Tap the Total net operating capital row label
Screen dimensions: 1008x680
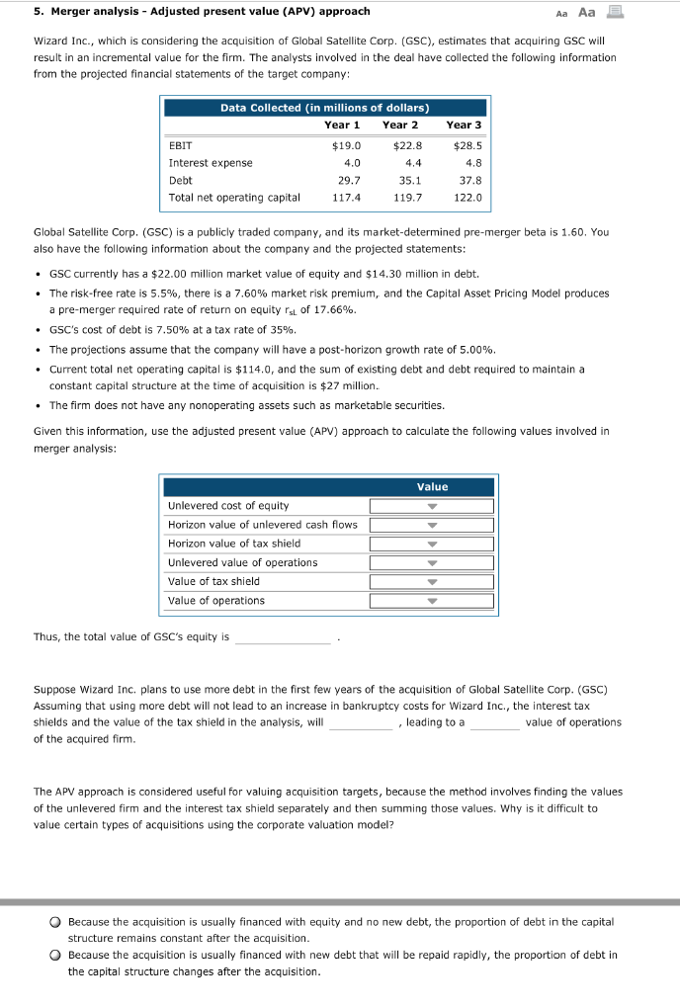[234, 198]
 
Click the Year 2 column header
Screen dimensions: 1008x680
[400, 125]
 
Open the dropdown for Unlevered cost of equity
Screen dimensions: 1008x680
[431, 506]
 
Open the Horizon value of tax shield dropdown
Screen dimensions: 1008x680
[431, 544]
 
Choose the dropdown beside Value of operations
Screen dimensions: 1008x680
[431, 601]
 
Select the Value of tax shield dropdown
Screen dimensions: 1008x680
[431, 582]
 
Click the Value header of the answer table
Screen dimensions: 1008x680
[432, 486]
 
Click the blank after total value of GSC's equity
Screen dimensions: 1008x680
[283, 637]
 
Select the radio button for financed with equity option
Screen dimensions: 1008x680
[57, 922]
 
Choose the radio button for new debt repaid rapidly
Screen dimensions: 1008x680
[57, 956]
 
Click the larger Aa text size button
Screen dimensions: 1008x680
[613, 12]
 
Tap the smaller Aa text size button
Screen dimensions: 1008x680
[589, 13]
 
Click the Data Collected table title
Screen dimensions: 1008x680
[324, 107]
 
